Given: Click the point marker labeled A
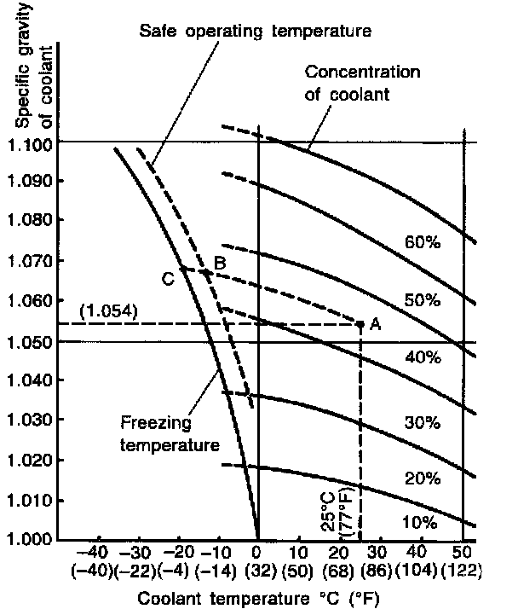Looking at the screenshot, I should [x=360, y=323].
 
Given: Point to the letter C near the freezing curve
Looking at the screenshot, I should [x=168, y=276].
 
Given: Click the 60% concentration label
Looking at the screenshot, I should [x=422, y=243].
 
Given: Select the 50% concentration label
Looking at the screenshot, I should [x=422, y=301].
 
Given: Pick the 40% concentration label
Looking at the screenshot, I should [x=422, y=359].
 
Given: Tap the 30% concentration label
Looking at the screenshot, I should [x=422, y=422].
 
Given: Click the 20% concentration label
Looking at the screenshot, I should [x=422, y=478].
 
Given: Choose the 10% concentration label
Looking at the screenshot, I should [x=422, y=521].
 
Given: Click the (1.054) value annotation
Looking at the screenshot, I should [x=106, y=312].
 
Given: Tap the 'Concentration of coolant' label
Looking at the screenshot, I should [x=362, y=83].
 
